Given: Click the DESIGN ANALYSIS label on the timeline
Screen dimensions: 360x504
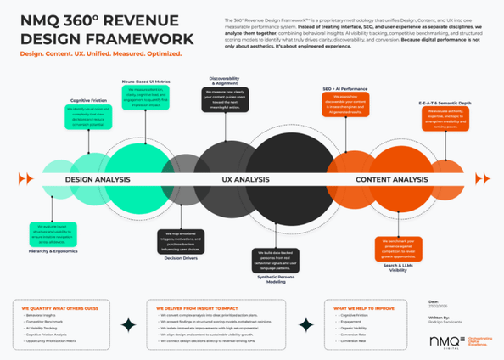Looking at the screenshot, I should (x=96, y=179).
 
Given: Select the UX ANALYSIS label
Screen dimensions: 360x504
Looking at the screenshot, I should (x=245, y=179).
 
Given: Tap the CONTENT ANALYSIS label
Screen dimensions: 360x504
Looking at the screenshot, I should (x=391, y=179).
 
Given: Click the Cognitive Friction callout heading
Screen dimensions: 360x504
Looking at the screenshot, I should (x=86, y=99).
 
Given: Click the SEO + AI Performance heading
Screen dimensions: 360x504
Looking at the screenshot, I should (x=344, y=88).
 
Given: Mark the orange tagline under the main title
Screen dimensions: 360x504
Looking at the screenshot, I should (x=101, y=53).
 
